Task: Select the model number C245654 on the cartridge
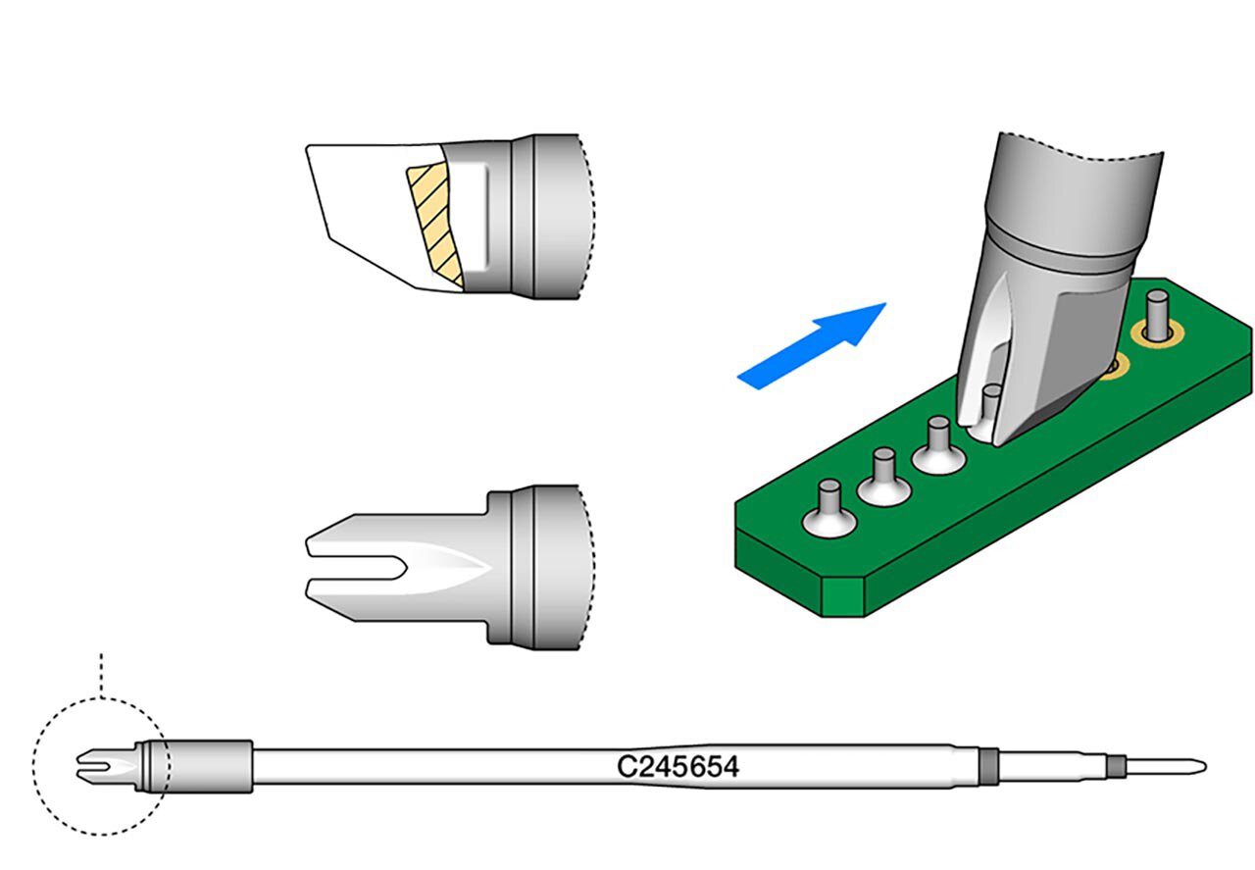tap(678, 766)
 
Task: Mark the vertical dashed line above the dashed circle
tap(102, 673)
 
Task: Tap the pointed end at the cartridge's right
tap(1172, 766)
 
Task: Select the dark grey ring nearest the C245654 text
tap(988, 766)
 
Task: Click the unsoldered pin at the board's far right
tap(1158, 312)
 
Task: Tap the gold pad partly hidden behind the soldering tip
tap(1115, 367)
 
